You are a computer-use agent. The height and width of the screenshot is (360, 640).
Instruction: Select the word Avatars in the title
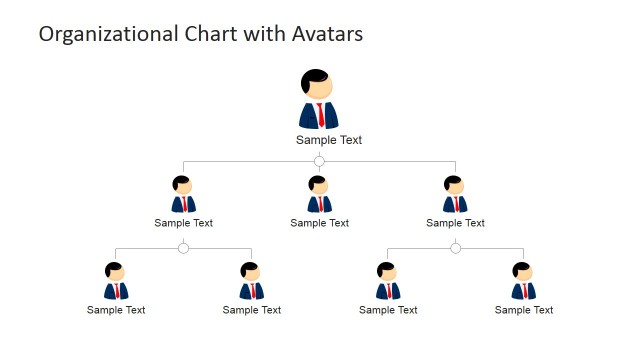(321, 34)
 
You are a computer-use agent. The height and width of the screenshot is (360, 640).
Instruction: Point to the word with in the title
(256, 34)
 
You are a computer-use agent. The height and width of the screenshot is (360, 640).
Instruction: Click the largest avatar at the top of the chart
(319, 99)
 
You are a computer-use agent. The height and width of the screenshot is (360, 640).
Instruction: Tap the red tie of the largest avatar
(320, 113)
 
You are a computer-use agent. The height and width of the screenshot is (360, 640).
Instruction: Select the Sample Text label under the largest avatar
(329, 140)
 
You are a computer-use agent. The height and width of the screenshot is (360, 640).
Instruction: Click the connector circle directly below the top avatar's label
(319, 161)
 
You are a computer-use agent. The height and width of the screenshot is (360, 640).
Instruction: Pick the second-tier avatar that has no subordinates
(319, 195)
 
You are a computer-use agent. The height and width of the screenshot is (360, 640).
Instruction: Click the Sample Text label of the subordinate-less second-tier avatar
(320, 223)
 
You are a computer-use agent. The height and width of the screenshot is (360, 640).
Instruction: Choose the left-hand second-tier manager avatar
(183, 195)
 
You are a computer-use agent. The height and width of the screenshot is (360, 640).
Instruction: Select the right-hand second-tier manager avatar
(455, 195)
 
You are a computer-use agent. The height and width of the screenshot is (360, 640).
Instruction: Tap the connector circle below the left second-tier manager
(183, 248)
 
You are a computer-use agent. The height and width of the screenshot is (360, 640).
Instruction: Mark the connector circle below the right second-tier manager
(455, 248)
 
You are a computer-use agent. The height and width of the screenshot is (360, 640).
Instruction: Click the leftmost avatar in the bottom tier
(116, 281)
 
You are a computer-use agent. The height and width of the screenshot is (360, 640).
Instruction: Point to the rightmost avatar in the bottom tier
(523, 281)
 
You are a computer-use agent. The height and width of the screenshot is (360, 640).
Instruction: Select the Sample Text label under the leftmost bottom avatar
(116, 310)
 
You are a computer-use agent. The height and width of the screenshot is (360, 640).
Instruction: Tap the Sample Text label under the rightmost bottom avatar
(524, 310)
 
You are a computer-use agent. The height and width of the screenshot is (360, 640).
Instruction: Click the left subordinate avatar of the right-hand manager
(388, 281)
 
